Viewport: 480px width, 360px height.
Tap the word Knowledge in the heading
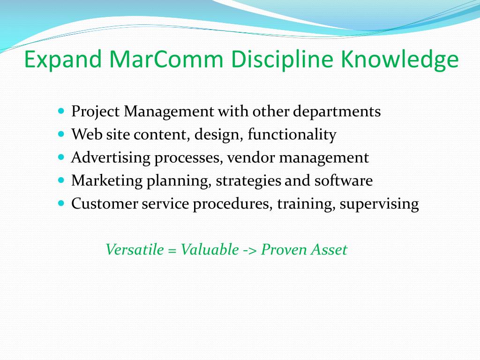(x=399, y=60)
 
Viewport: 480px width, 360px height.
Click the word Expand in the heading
(x=63, y=60)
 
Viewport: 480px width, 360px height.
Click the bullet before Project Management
(x=61, y=111)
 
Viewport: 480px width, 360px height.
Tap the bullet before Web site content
(x=61, y=134)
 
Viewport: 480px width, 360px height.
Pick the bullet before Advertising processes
(x=61, y=157)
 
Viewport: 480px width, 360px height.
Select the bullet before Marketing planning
(x=61, y=180)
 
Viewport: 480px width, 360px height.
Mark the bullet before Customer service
(x=61, y=203)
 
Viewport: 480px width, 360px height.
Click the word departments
(x=337, y=112)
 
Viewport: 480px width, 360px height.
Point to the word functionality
(x=292, y=135)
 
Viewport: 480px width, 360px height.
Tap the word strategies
(x=248, y=181)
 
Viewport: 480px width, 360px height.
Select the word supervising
(x=379, y=204)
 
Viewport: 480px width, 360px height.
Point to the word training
(x=306, y=204)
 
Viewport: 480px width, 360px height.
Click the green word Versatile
(x=135, y=249)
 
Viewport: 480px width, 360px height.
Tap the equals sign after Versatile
(x=172, y=251)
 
